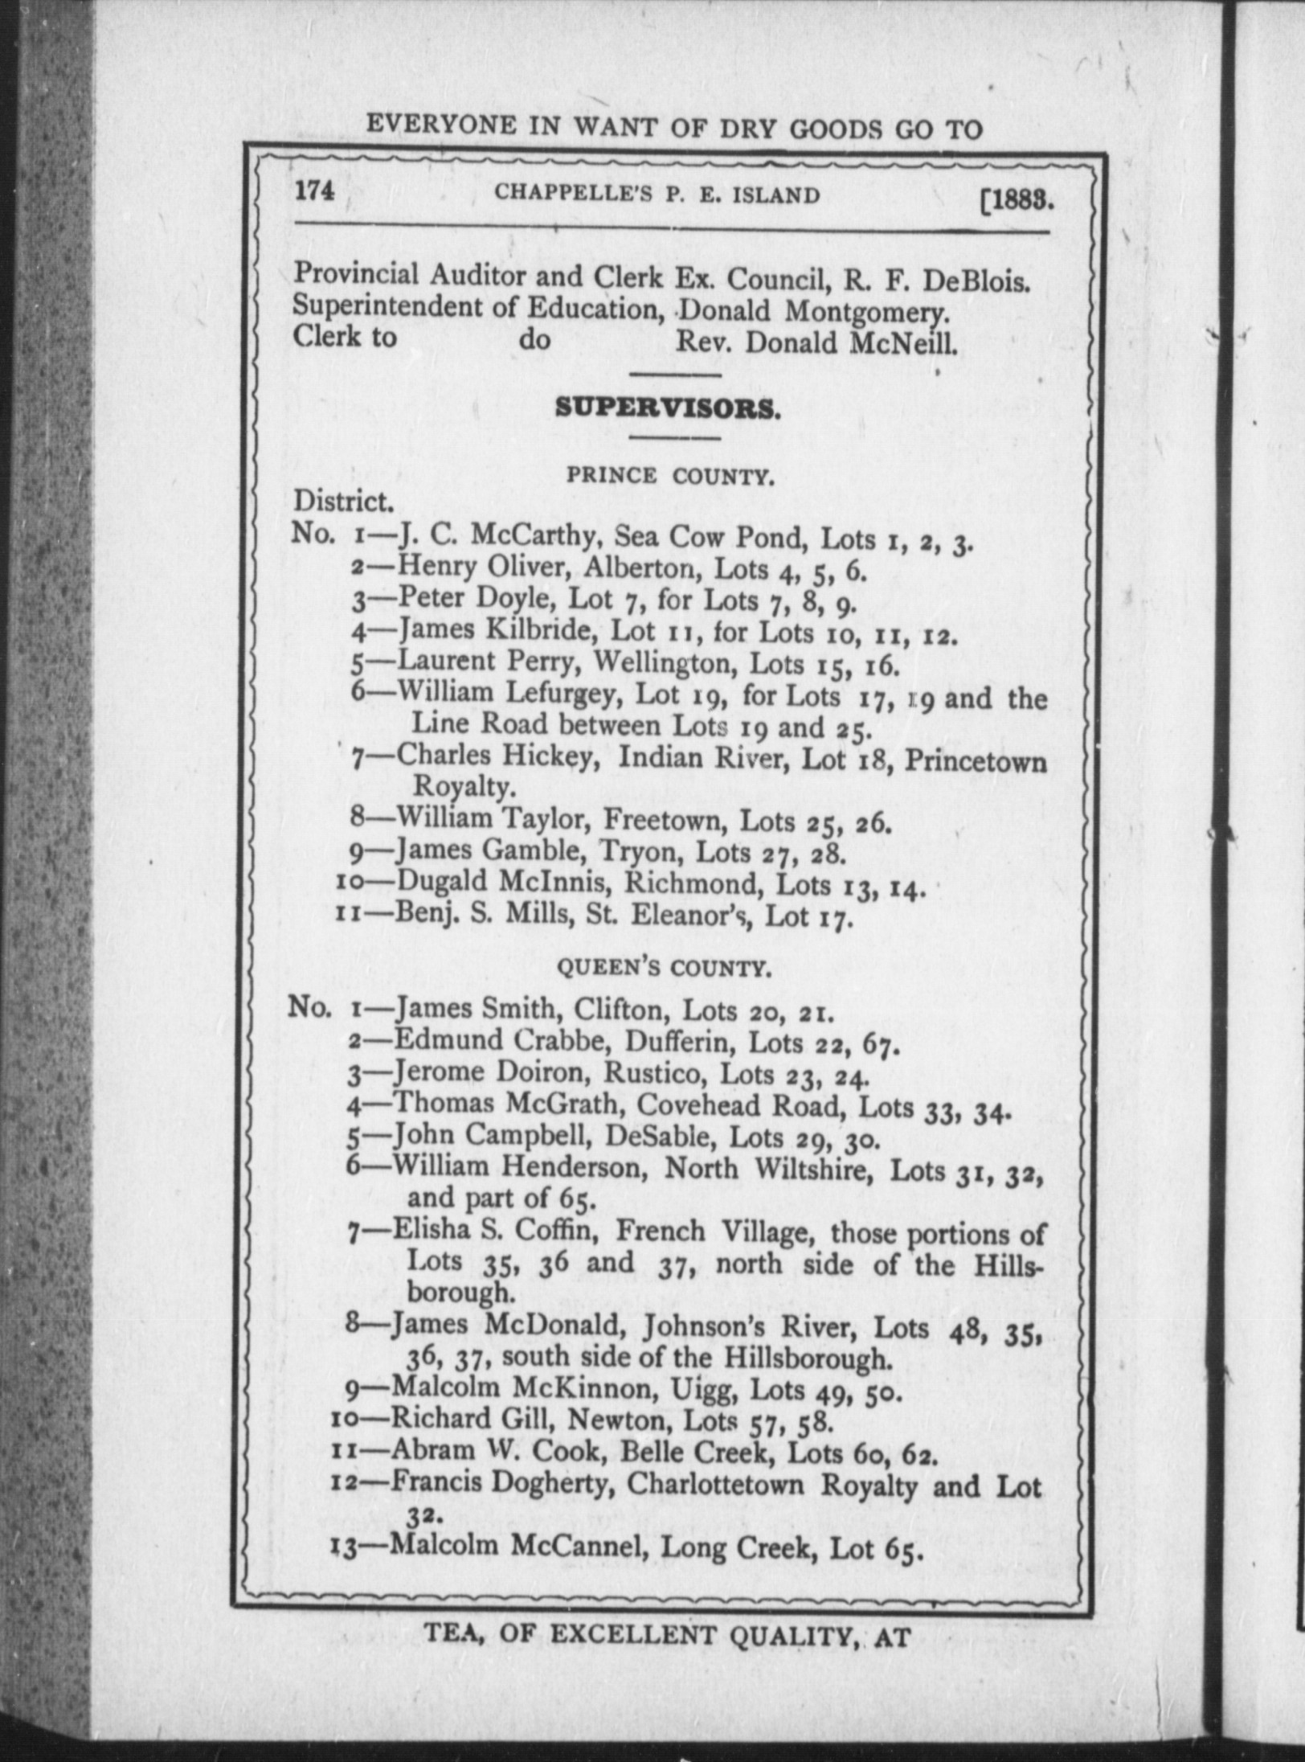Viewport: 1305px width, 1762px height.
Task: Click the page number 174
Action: tap(314, 193)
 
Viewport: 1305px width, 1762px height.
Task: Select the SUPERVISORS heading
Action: tap(666, 408)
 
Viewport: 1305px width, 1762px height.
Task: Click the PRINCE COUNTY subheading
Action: tap(670, 476)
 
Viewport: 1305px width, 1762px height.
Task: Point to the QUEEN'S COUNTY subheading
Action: tap(665, 969)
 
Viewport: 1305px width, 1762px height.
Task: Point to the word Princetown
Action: tap(976, 760)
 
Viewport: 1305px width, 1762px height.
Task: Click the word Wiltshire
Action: tap(811, 1168)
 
